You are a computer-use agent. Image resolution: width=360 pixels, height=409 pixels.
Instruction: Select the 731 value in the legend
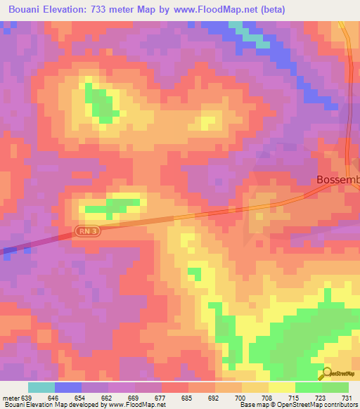pos(348,397)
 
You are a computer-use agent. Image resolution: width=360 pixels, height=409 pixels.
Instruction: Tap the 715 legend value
pos(293,397)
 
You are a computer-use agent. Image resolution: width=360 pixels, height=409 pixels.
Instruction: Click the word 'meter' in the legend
pos(11,397)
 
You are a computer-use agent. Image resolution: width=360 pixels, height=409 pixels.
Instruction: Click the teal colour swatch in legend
pos(41,387)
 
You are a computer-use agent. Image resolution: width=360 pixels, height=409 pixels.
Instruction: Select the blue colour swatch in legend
pos(68,387)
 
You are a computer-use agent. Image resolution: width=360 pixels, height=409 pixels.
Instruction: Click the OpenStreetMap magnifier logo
pos(327,375)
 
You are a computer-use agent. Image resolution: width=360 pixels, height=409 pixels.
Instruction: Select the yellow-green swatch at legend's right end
pos(335,387)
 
